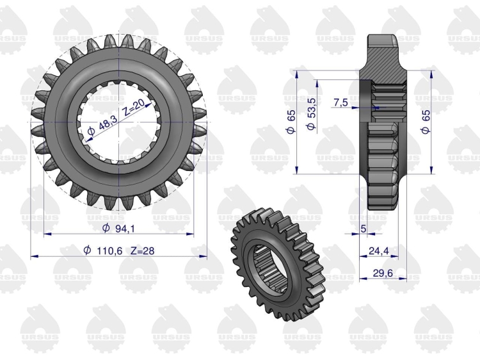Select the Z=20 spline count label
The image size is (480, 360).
[134, 107]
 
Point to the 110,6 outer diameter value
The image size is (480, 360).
[109, 251]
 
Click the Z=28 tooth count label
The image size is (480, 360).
[142, 251]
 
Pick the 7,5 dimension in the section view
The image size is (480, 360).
[340, 102]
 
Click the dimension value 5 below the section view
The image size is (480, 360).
[364, 229]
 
